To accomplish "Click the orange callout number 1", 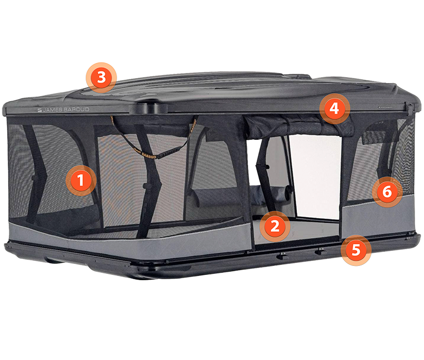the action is click(81, 180).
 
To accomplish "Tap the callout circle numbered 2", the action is click(275, 226).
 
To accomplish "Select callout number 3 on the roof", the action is click(101, 78).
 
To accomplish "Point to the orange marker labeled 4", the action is click(335, 109).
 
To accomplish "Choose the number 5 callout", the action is click(356, 250).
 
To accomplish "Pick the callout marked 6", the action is click(387, 192).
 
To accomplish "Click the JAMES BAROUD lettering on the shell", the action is click(63, 109).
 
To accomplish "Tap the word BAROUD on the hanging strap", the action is click(149, 155).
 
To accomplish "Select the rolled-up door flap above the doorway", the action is click(299, 125).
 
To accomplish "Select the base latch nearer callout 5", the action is click(319, 251).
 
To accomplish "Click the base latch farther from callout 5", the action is click(282, 255).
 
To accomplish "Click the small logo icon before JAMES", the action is click(39, 110).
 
